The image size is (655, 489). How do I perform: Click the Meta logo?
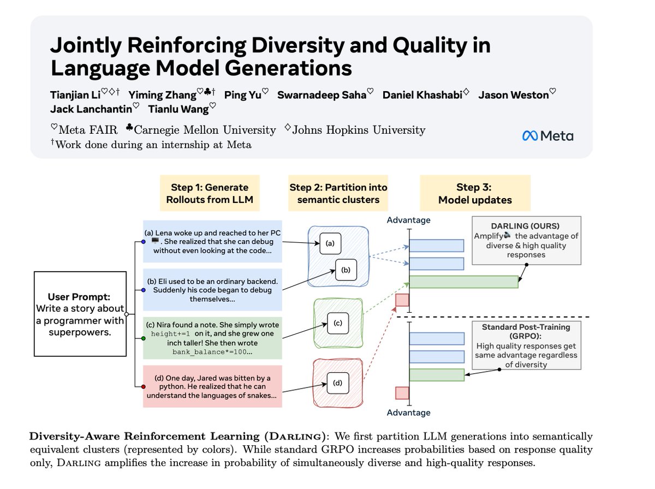coord(547,136)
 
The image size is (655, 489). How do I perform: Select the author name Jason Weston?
coord(514,95)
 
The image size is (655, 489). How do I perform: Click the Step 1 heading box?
coord(210,193)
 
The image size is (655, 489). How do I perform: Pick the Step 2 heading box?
coord(338,193)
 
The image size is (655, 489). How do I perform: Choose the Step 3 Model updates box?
coord(475,193)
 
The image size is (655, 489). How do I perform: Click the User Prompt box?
coord(79,314)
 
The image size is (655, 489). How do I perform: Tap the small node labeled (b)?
coord(345,270)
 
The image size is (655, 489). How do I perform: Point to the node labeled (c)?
coord(337,323)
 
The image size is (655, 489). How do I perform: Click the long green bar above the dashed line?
coord(463,282)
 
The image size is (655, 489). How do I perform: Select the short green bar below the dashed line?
coord(437,375)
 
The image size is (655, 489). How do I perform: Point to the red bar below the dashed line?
coord(402,393)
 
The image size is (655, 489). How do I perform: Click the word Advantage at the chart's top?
coord(408,220)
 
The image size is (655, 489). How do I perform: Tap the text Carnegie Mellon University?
coord(205,130)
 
